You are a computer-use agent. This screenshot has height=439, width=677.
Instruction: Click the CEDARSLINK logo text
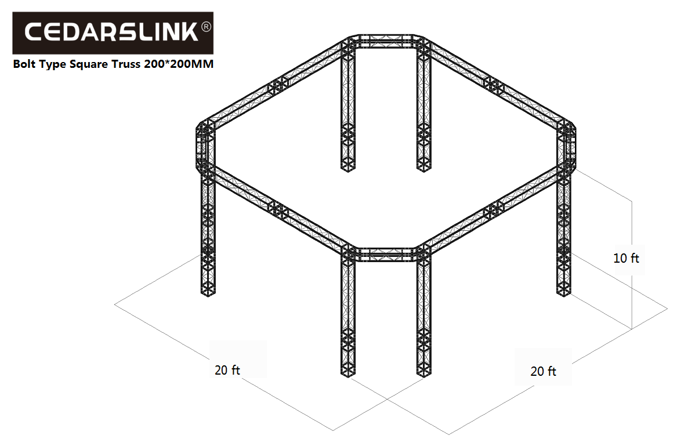click(x=111, y=32)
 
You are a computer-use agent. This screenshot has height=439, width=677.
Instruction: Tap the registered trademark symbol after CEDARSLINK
click(x=207, y=27)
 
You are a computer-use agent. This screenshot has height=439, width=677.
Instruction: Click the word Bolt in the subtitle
click(x=24, y=64)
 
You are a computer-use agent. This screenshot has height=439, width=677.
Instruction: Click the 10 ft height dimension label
click(x=626, y=258)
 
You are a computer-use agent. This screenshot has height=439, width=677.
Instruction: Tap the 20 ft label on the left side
click(x=227, y=370)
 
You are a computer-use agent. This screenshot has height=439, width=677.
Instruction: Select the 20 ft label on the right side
click(x=543, y=371)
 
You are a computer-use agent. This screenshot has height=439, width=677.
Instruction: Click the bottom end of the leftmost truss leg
click(x=208, y=293)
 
